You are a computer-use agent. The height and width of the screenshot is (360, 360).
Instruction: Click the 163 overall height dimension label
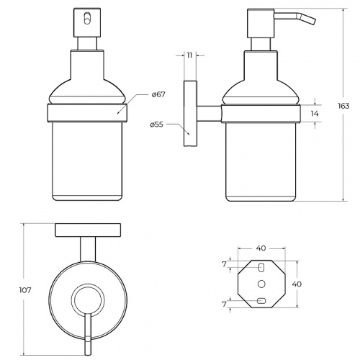[343, 106]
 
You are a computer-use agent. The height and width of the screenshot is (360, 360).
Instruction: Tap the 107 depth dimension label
[25, 290]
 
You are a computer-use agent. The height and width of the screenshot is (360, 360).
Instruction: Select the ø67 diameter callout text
[158, 94]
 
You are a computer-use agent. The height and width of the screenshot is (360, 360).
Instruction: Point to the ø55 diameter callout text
[156, 125]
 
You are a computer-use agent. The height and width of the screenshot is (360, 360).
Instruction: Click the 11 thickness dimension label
[189, 55]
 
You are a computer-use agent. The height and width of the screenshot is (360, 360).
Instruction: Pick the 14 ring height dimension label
[315, 114]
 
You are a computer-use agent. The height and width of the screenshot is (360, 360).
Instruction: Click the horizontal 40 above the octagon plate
[261, 248]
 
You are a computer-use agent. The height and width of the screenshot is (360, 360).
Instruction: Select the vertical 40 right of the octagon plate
[297, 284]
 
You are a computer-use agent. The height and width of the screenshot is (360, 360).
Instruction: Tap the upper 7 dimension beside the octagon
[224, 264]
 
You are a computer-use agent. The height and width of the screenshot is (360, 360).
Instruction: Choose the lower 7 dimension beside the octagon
[224, 304]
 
